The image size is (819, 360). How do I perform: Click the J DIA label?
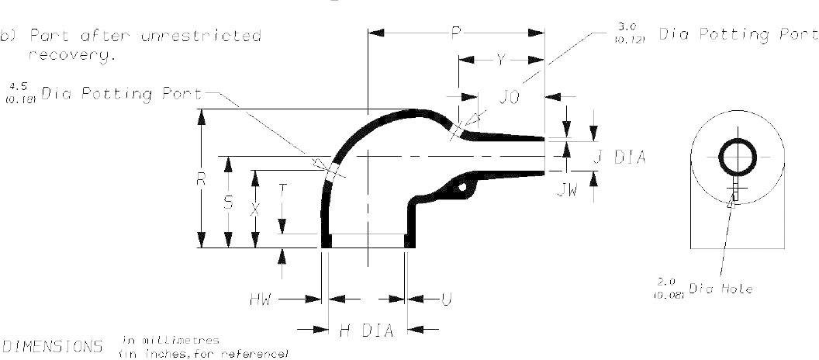pos(619,157)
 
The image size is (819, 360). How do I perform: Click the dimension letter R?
pos(201,179)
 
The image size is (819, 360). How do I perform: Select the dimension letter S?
pos(227,202)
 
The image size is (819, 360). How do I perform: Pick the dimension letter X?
pos(254,208)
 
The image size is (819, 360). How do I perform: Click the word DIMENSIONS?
pos(54,345)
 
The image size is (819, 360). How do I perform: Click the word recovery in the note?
pos(71,56)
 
